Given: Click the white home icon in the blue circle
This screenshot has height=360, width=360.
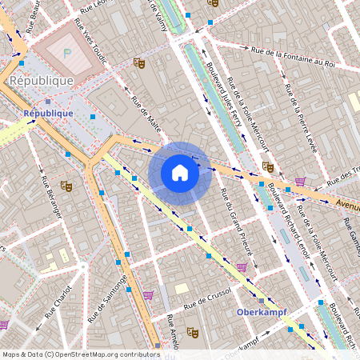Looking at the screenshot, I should (x=180, y=172).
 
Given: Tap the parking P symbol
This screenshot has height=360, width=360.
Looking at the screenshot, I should (x=68, y=51).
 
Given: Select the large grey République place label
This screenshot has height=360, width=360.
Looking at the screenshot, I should (x=41, y=81).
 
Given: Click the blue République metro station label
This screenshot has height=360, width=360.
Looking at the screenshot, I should (x=48, y=113).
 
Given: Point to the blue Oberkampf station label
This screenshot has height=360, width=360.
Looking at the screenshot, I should (x=261, y=311).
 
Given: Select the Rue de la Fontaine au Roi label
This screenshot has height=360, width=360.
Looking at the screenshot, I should (x=292, y=57).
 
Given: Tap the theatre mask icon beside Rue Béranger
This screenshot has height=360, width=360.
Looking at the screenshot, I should (x=66, y=186).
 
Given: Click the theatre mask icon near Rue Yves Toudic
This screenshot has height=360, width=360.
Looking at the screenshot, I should (x=140, y=62).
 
